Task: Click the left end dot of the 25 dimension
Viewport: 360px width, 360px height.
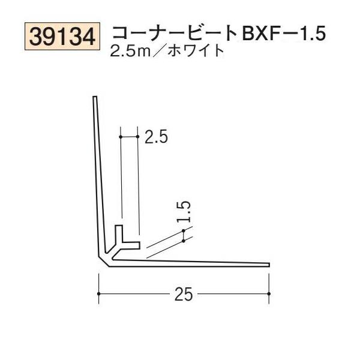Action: pyautogui.click(x=98, y=294)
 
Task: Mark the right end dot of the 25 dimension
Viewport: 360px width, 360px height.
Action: pyautogui.click(x=269, y=294)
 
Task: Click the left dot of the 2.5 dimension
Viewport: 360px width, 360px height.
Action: pyautogui.click(x=121, y=137)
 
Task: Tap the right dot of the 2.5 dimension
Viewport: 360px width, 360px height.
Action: pyautogui.click(x=139, y=137)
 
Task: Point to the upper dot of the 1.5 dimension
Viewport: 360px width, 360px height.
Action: pyautogui.click(x=184, y=230)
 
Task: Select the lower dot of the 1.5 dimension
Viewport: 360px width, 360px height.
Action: pyautogui.click(x=184, y=240)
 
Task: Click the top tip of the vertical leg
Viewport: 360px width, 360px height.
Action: pyautogui.click(x=94, y=98)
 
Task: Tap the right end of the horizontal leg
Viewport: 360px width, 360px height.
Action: pyautogui.click(x=268, y=264)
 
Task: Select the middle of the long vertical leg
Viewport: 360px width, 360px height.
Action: pyautogui.click(x=97, y=180)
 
